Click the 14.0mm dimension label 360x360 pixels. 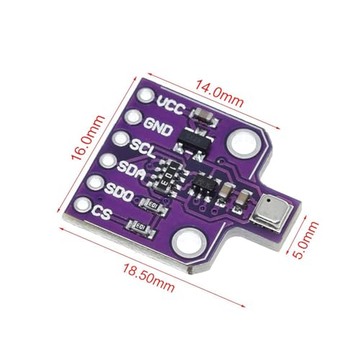point(220,94)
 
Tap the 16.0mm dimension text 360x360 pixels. point(88,138)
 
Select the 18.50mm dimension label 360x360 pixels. point(149,277)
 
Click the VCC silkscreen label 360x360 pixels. point(171,105)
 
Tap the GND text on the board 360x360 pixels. point(158,127)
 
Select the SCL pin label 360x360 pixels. point(143,148)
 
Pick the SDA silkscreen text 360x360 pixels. point(132,169)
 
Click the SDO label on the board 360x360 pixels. point(119,192)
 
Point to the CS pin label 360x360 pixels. point(102,212)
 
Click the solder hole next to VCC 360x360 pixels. point(145,96)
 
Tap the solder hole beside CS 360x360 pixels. point(82,205)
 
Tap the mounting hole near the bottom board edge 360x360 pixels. point(189,243)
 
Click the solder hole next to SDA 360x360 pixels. point(108,161)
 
